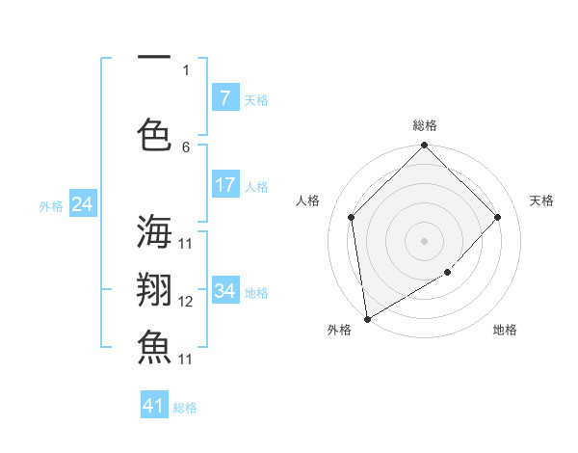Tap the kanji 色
click(155, 133)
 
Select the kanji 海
click(155, 232)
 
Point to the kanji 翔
click(155, 289)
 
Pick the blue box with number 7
click(224, 98)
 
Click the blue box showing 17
click(224, 185)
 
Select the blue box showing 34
click(224, 291)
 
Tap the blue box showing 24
click(82, 204)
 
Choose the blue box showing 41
click(154, 406)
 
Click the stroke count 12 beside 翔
click(186, 302)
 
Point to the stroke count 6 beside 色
click(186, 147)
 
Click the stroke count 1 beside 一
click(186, 69)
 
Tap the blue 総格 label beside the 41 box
click(185, 408)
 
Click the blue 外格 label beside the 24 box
click(51, 205)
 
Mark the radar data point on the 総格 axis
click(424, 147)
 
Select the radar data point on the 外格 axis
click(367, 318)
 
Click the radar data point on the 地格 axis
click(447, 273)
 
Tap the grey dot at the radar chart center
click(424, 241)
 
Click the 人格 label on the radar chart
click(307, 200)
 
